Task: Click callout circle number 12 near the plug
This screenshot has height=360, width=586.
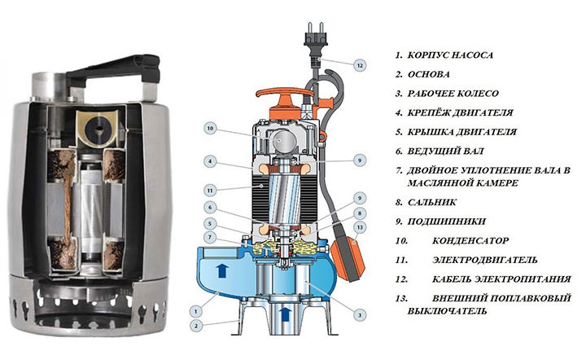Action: (360, 65)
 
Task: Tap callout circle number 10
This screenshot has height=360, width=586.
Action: (210, 129)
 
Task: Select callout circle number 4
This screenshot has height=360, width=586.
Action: (210, 161)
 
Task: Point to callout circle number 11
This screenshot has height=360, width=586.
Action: (210, 191)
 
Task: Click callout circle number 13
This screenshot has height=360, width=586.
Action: (360, 227)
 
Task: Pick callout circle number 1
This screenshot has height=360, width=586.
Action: (195, 310)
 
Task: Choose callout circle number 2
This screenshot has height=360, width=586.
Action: (195, 326)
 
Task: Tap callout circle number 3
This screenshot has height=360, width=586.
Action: (360, 314)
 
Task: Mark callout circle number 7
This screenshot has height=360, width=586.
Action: (210, 237)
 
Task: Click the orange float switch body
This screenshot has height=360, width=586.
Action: (348, 259)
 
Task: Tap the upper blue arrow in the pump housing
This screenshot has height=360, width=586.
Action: (222, 270)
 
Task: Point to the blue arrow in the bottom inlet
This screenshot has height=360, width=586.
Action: (285, 314)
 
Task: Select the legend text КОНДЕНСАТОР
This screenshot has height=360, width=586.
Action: (470, 240)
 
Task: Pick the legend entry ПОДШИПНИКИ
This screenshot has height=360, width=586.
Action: (446, 222)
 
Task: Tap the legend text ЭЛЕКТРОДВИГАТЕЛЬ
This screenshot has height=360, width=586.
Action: (485, 260)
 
